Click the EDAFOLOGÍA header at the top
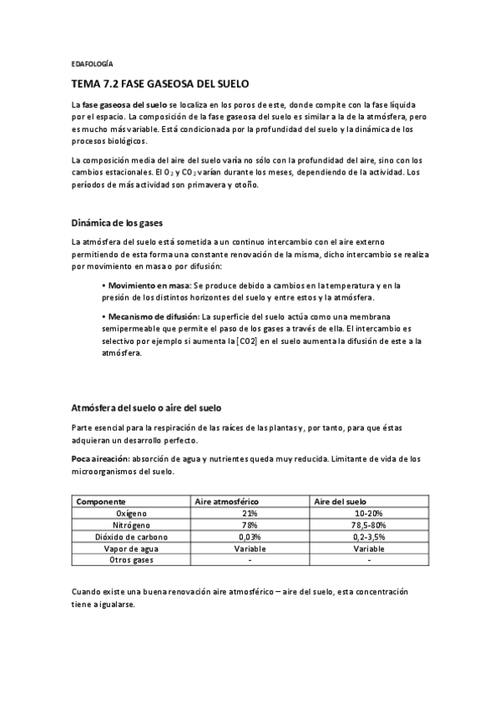pos(92,63)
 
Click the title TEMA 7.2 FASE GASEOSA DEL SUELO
pos(159,84)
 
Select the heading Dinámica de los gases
pos(116,223)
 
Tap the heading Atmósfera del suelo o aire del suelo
pos(146,407)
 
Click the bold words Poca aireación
pos(100,458)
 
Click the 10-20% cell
pos(368,513)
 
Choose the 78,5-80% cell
pos(368,525)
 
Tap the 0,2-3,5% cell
pos(368,537)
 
